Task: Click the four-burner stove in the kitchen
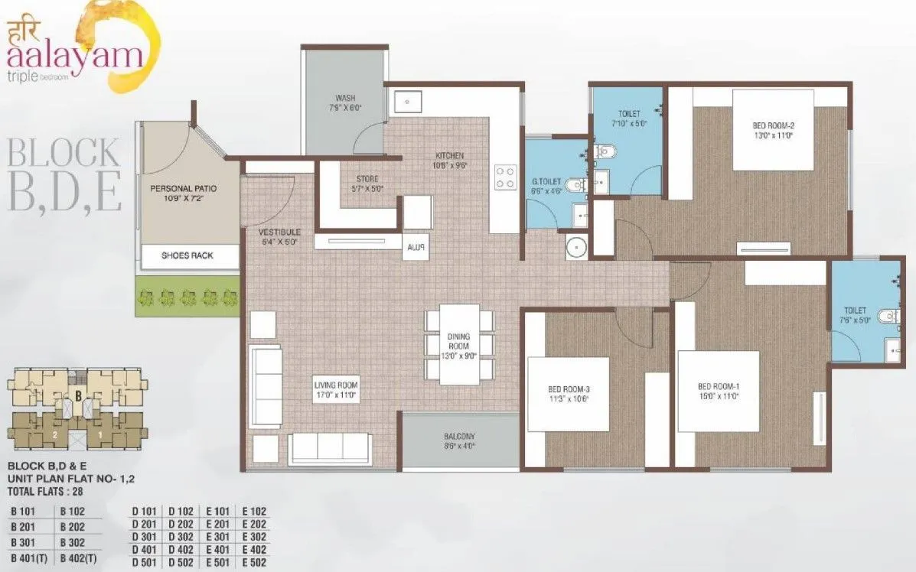tap(505, 177)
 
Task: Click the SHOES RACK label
tap(187, 256)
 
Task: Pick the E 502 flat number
tap(256, 564)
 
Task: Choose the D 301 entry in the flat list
tap(144, 538)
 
